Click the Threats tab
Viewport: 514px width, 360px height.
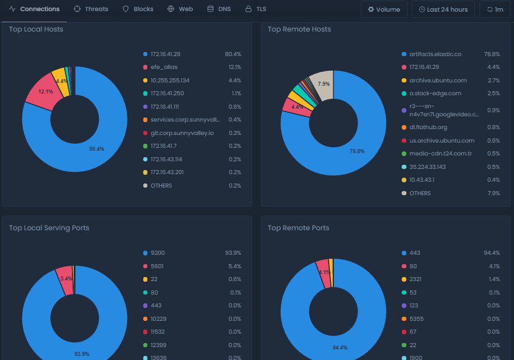(x=91, y=9)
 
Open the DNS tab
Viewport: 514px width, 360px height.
(x=219, y=9)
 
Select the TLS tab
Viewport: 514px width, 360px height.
(x=256, y=9)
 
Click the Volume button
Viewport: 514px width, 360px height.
(x=384, y=9)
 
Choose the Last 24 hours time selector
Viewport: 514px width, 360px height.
(x=443, y=9)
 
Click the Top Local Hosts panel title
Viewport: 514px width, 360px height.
(x=36, y=29)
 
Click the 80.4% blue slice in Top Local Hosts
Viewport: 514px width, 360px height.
(x=96, y=149)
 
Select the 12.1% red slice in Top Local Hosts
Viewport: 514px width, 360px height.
(x=46, y=92)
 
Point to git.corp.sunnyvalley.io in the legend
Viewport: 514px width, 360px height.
(x=182, y=133)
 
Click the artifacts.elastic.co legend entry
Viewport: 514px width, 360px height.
(x=435, y=54)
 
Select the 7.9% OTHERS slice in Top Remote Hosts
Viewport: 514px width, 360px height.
(x=323, y=84)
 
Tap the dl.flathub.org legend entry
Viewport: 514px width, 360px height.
(x=429, y=127)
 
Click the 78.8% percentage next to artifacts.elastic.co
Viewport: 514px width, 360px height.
(x=491, y=54)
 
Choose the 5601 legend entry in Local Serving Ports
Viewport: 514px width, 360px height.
(x=157, y=266)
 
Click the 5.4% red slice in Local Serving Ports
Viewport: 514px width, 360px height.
(x=65, y=278)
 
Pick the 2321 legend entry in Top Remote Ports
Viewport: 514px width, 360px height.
(x=415, y=279)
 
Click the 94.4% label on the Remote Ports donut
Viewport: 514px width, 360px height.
(x=339, y=348)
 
